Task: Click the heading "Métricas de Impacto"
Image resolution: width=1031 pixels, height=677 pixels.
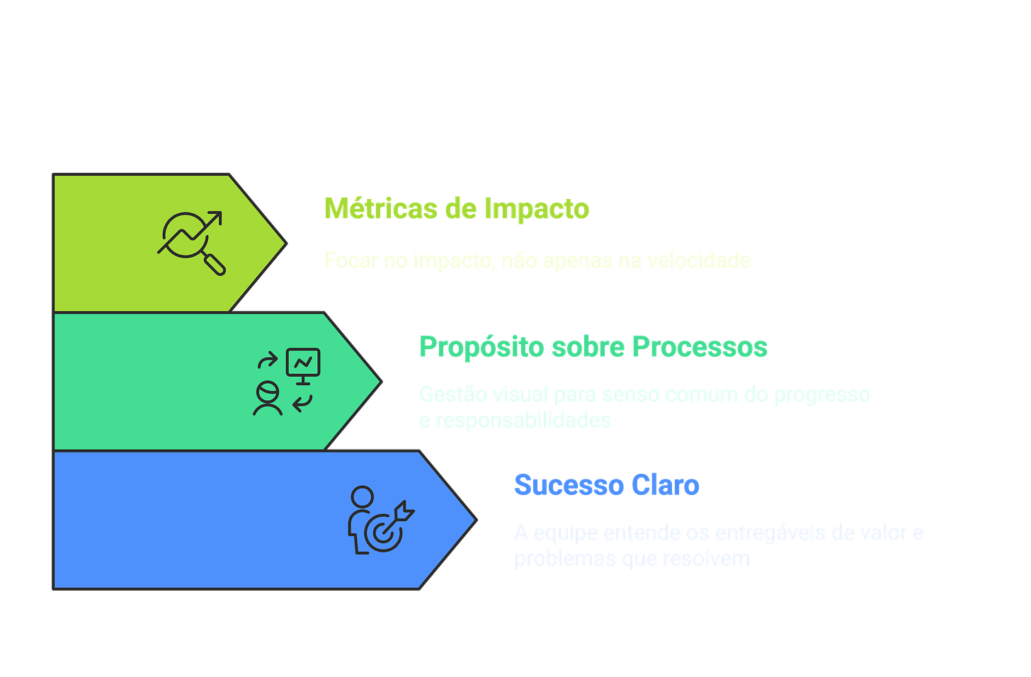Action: pyautogui.click(x=457, y=209)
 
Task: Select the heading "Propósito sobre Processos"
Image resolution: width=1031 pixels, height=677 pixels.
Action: pyautogui.click(x=593, y=347)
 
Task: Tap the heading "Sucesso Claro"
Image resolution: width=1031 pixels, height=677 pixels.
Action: pyautogui.click(x=607, y=485)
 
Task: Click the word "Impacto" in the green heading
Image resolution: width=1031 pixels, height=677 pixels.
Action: pyautogui.click(x=537, y=209)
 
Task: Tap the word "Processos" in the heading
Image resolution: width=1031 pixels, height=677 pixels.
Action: pyautogui.click(x=700, y=347)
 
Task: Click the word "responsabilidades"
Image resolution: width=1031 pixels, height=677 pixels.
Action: pyautogui.click(x=523, y=421)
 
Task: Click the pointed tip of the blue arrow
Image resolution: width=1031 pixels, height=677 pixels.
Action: pyautogui.click(x=476, y=520)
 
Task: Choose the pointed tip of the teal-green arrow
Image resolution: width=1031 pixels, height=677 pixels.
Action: pyautogui.click(x=382, y=382)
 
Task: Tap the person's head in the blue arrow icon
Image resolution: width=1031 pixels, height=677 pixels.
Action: pyautogui.click(x=362, y=496)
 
